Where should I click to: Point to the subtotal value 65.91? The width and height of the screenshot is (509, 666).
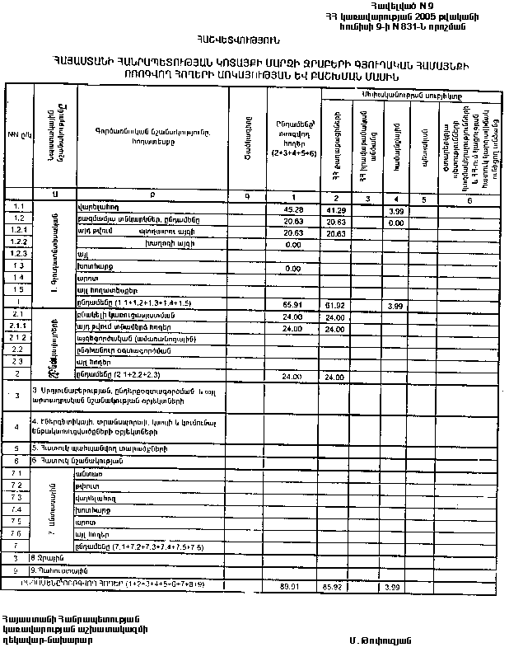(294, 304)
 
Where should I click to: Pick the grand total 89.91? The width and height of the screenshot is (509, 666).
(289, 585)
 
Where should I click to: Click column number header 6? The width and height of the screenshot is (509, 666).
(469, 199)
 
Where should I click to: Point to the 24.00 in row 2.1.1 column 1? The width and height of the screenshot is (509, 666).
(294, 327)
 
